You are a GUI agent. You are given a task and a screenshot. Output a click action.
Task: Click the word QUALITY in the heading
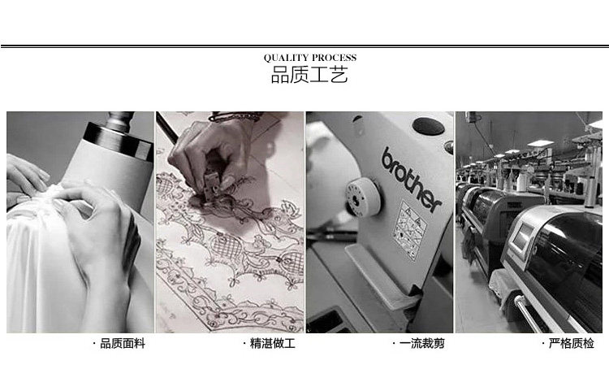[x=286, y=58]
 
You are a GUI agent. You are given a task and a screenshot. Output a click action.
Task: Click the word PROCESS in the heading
[x=334, y=58]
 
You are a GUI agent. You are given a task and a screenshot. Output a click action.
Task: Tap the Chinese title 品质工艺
[x=309, y=75]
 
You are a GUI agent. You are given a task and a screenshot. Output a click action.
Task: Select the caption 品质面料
[x=123, y=343]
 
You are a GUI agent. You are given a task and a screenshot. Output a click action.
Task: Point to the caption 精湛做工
[x=272, y=343]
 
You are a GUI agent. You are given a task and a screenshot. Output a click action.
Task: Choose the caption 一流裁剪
[x=421, y=343]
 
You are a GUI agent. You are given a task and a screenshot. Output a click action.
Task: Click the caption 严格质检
[x=572, y=343]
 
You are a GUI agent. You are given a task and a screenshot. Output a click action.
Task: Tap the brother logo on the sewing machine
[x=412, y=179]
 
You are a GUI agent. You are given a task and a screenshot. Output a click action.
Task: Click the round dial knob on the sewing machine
[x=362, y=197]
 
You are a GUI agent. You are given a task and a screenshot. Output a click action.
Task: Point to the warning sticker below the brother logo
[x=409, y=229]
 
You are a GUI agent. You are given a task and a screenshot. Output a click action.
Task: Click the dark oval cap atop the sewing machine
[x=429, y=126]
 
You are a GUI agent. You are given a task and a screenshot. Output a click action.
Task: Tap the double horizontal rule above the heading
[x=304, y=46]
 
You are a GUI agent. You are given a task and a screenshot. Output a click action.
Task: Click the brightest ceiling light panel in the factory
[x=540, y=144]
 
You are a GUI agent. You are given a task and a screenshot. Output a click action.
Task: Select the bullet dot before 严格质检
[x=543, y=343]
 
